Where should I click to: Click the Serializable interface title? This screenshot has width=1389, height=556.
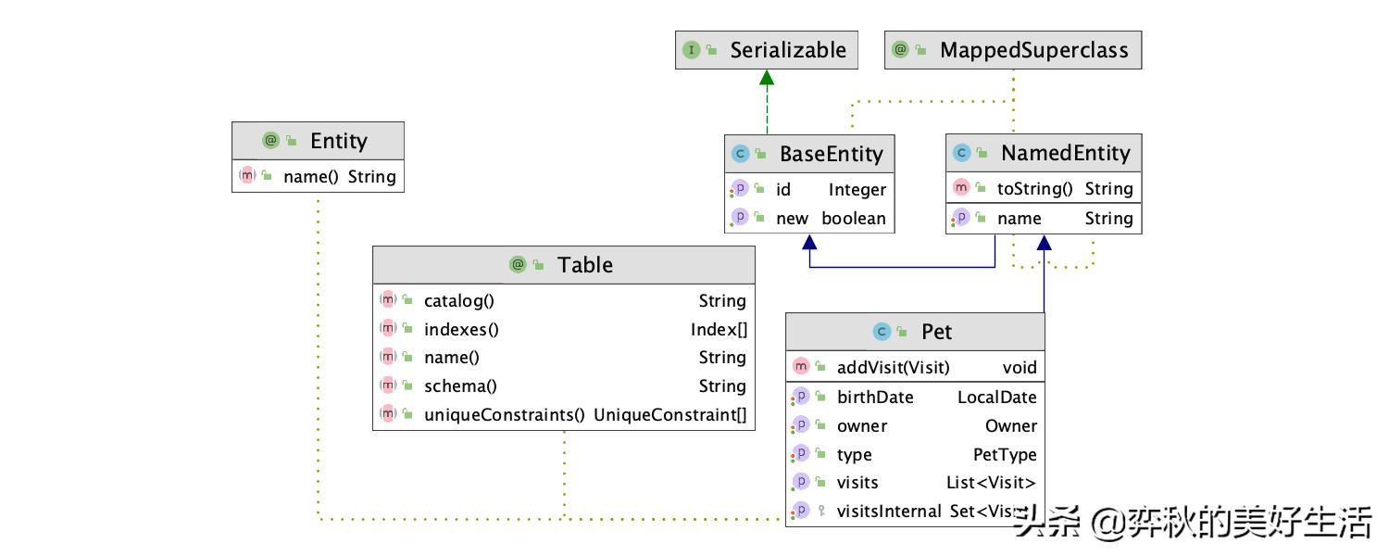click(x=787, y=50)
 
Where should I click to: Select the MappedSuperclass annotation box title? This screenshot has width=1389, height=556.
click(x=1033, y=50)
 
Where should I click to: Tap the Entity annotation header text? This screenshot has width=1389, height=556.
click(x=339, y=141)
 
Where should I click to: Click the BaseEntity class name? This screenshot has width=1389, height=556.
click(x=831, y=154)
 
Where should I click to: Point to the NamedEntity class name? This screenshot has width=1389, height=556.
click(x=1065, y=153)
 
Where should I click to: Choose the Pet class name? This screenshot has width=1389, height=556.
click(x=936, y=332)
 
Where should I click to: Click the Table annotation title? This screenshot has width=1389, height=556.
click(x=584, y=265)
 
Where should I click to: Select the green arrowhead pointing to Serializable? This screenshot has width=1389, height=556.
click(x=767, y=77)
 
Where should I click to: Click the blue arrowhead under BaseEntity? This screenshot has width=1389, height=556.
click(x=809, y=242)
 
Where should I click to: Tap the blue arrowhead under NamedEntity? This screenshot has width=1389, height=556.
click(x=1045, y=242)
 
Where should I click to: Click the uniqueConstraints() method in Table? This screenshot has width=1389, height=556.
click(x=504, y=414)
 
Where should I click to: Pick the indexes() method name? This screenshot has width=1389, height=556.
click(x=461, y=329)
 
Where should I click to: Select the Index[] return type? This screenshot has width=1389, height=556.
click(x=719, y=329)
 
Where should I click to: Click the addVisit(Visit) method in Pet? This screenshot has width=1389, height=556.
click(x=893, y=367)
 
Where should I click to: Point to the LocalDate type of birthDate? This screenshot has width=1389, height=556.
click(x=996, y=398)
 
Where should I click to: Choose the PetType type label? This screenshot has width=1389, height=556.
click(x=1005, y=454)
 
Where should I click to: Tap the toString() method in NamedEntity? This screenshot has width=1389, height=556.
click(x=1034, y=189)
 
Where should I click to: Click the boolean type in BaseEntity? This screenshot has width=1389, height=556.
click(x=853, y=219)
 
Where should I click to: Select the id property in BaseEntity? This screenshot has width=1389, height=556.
click(x=783, y=189)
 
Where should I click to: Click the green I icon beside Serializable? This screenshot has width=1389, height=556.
click(x=692, y=50)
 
